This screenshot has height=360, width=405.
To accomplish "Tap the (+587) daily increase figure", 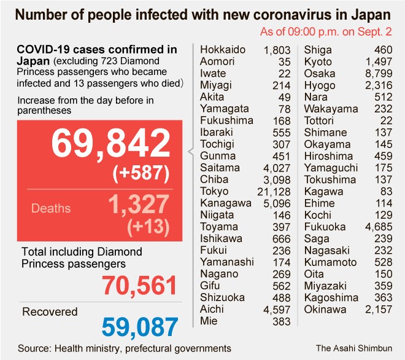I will (141, 174).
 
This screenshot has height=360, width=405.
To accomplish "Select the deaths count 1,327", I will (138, 204).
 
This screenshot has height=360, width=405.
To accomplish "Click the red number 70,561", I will (139, 286).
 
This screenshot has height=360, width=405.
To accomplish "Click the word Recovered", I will (50, 312).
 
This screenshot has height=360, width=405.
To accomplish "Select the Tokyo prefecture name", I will (214, 191).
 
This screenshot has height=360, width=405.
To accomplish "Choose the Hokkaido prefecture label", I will (223, 50).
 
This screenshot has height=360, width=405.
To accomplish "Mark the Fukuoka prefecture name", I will (326, 227).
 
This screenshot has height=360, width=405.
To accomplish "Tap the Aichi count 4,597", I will (276, 309).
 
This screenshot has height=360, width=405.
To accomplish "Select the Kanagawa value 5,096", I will (276, 203).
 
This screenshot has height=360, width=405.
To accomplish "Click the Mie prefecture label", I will (209, 321).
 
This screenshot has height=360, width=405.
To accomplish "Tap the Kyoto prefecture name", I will (318, 61).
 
